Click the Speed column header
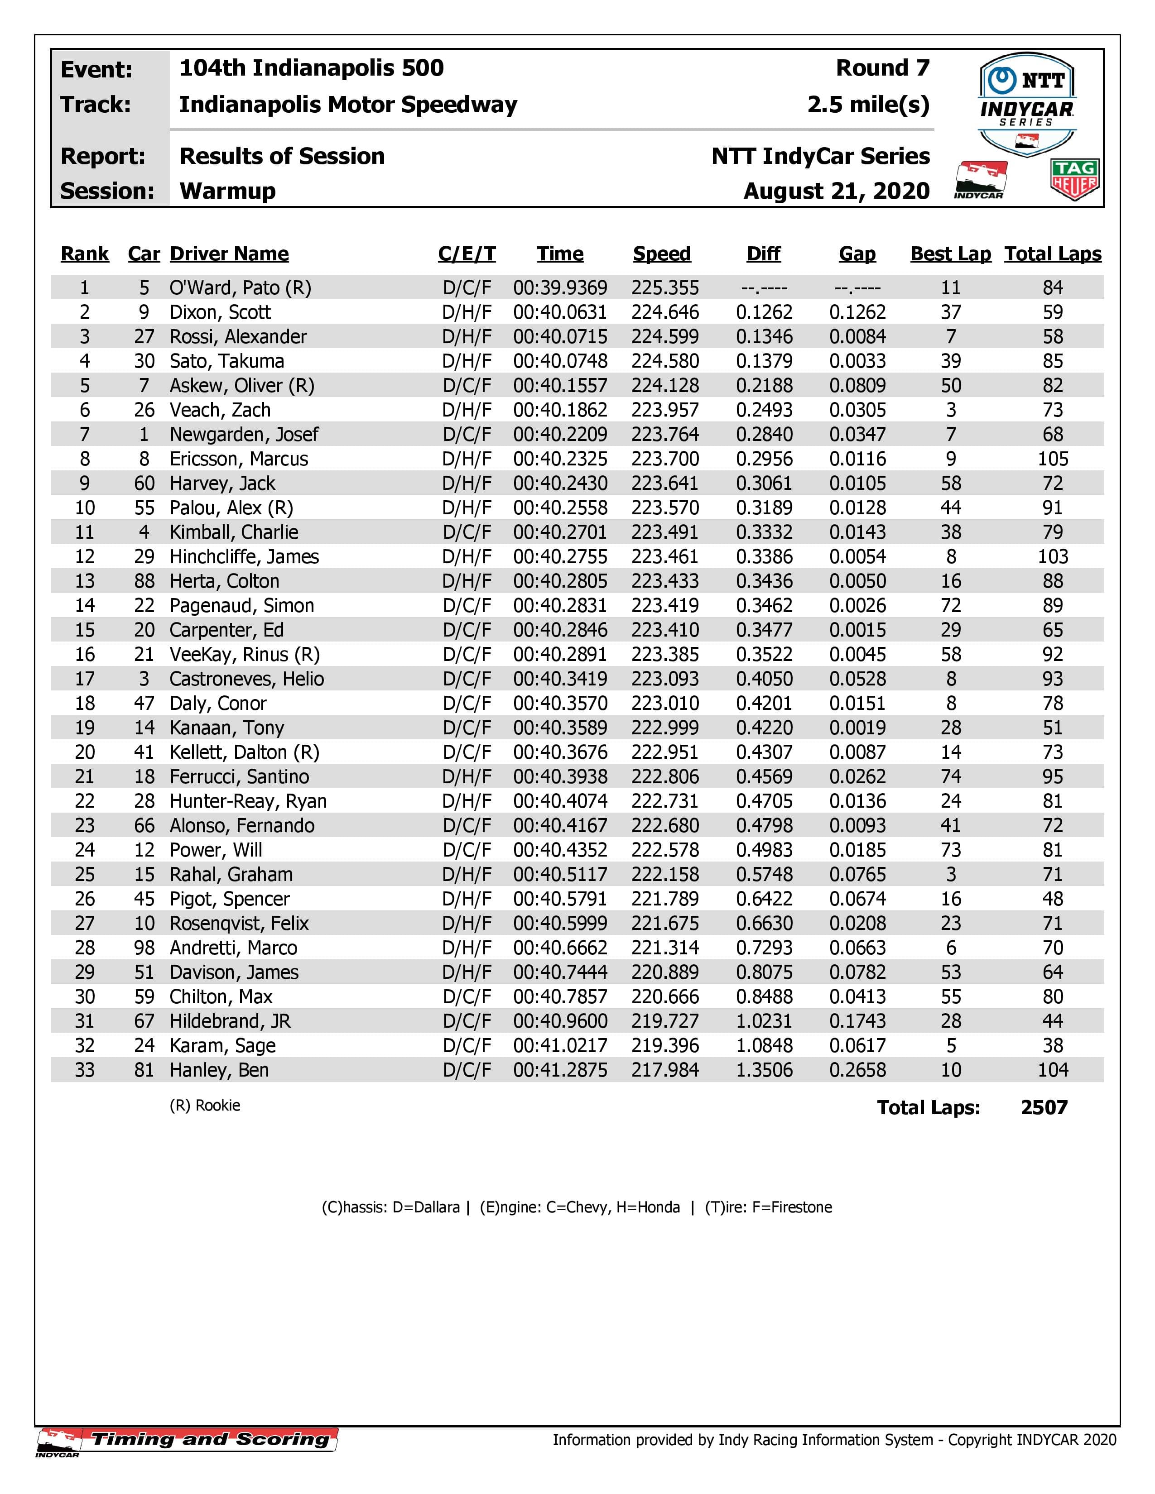click(x=662, y=254)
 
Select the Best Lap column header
click(x=950, y=254)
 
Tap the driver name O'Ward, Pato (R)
click(x=240, y=288)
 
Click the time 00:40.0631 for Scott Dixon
click(x=560, y=313)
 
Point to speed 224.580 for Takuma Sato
click(x=665, y=361)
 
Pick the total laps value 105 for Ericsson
click(x=1052, y=459)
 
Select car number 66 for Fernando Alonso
click(x=144, y=826)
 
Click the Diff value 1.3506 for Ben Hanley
click(x=764, y=1070)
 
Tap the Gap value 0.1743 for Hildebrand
click(x=857, y=1021)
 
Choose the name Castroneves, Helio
click(x=246, y=679)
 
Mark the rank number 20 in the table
click(x=85, y=752)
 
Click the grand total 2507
click(x=1044, y=1107)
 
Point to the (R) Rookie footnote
click(x=205, y=1106)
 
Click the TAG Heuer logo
click(x=1074, y=180)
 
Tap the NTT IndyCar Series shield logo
click(x=1026, y=103)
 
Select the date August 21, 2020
click(x=836, y=191)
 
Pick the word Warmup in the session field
click(x=227, y=191)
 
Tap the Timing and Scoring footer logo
click(x=187, y=1439)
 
